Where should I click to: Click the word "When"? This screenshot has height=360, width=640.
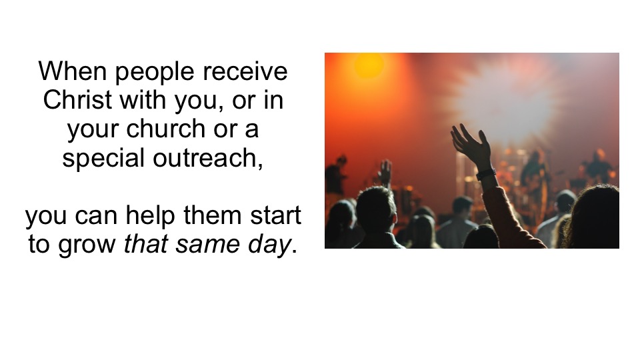pos(72,71)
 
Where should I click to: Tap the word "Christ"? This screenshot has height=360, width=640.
pos(77,100)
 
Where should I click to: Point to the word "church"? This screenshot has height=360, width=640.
pos(165,129)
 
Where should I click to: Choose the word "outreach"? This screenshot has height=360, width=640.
pos(208,159)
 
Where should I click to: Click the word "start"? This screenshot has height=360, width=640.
pos(275,215)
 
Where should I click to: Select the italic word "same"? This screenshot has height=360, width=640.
pos(208,245)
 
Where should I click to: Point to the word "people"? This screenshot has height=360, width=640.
pos(155,72)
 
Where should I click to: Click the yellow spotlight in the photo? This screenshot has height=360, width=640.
pos(369,65)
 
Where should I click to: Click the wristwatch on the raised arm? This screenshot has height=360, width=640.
pos(486,174)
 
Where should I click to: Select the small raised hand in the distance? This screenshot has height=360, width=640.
pos(385,171)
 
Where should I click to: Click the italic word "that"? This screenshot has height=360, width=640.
pos(146,245)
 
